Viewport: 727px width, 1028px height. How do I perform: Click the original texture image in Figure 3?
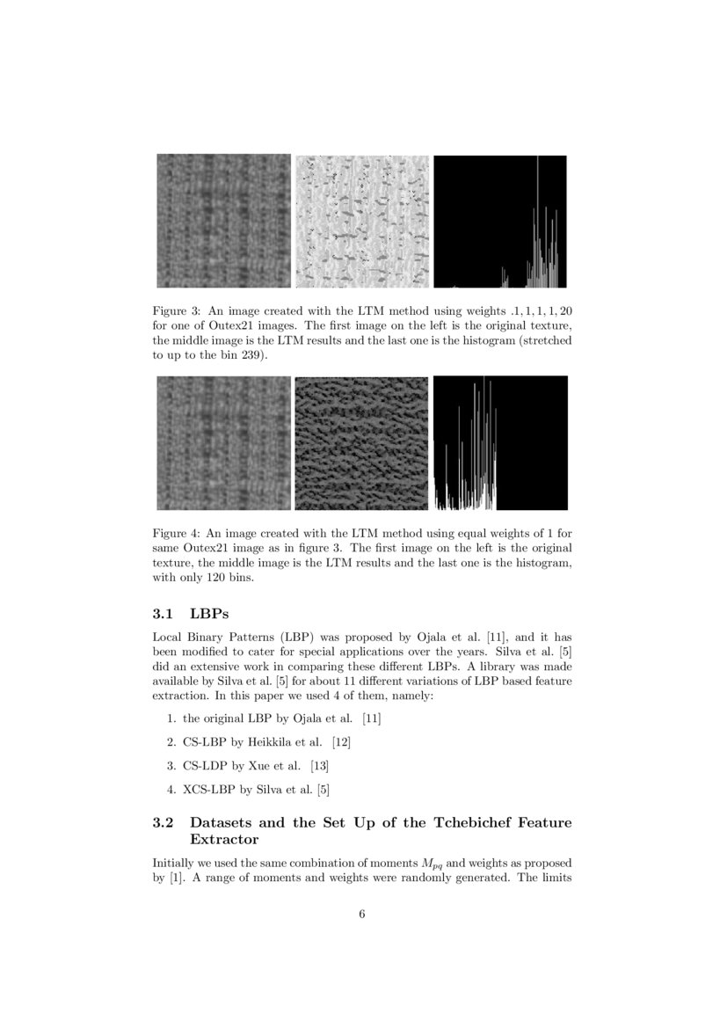[x=223, y=222]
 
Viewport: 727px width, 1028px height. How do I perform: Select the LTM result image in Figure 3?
[x=361, y=222]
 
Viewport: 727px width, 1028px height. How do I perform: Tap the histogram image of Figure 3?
[x=500, y=222]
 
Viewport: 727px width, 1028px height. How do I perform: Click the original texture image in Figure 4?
[x=223, y=443]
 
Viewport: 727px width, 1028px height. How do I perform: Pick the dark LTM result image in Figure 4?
[x=361, y=443]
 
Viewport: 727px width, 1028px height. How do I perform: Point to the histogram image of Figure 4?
[x=500, y=443]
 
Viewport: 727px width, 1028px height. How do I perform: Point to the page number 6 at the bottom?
[x=362, y=914]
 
